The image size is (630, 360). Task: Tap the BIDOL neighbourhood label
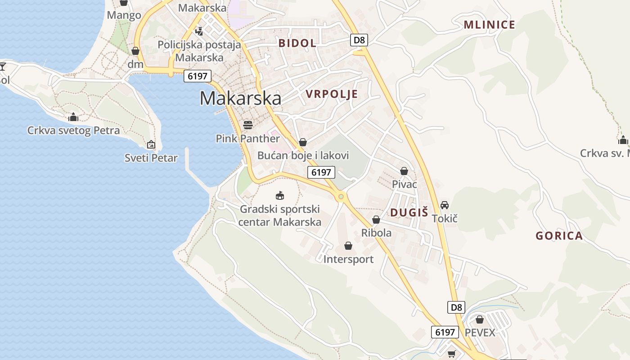tap(297, 43)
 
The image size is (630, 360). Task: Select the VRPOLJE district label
tap(332, 94)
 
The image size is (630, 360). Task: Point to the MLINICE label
tap(489, 25)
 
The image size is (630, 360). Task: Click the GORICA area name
tap(559, 236)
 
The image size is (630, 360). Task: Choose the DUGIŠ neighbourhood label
tap(409, 213)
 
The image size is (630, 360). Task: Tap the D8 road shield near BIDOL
tap(359, 40)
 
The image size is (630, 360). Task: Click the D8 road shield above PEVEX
tap(456, 307)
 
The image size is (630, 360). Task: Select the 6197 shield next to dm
tap(198, 76)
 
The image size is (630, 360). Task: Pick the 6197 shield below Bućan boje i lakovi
tap(321, 172)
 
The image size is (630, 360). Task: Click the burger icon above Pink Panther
tap(247, 124)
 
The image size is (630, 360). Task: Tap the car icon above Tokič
tap(445, 205)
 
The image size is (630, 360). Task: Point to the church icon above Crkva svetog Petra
tap(73, 117)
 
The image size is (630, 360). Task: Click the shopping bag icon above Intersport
tap(348, 246)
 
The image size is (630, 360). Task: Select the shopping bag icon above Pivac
tap(404, 171)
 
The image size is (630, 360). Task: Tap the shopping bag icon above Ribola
tap(376, 220)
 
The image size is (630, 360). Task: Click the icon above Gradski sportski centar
tap(280, 195)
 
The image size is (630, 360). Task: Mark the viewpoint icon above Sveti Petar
tap(151, 144)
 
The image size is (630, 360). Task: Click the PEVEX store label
tap(480, 333)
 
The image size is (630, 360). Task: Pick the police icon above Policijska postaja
tap(199, 31)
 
